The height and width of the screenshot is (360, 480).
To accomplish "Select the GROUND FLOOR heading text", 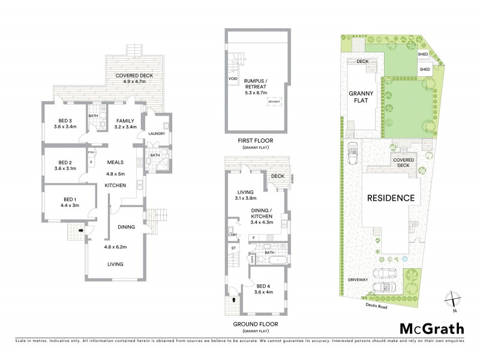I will (x=254, y=325).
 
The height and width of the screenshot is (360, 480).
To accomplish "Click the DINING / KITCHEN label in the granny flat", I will (x=262, y=214).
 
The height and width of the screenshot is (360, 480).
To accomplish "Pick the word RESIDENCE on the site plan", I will (x=391, y=197).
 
